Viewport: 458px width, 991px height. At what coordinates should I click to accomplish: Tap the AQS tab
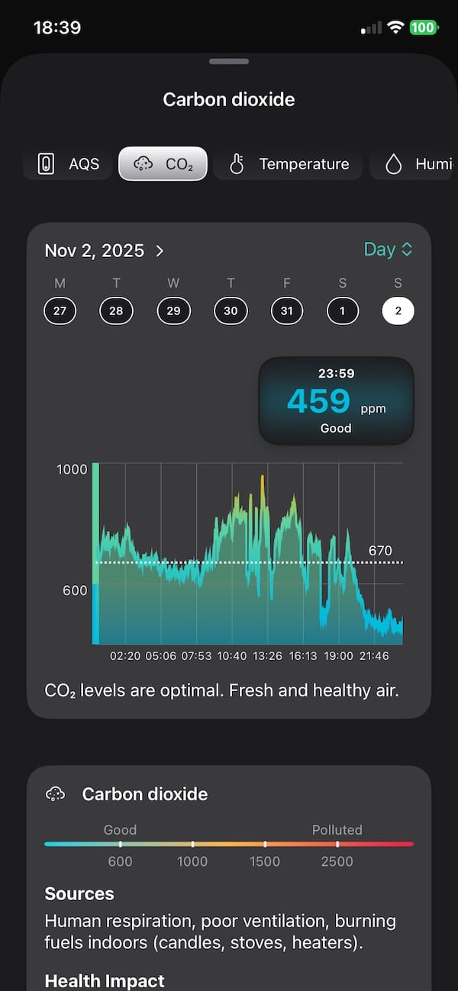[68, 164]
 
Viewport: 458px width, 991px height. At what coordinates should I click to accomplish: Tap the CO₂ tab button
[163, 164]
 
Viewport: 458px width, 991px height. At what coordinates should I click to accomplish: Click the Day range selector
[389, 249]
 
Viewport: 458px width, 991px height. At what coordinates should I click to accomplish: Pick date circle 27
[60, 311]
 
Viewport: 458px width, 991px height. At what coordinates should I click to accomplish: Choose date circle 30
[231, 311]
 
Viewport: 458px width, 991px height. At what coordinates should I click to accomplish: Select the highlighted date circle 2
[398, 311]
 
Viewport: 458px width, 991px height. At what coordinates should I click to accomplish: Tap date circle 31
[287, 311]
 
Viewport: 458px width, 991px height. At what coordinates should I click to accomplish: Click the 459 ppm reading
[319, 401]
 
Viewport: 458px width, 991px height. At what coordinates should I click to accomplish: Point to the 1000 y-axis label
[73, 469]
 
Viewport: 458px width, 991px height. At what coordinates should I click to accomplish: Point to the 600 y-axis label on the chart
[76, 590]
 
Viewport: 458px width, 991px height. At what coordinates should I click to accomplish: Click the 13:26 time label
[267, 656]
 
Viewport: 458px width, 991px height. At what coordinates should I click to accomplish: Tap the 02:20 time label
[125, 656]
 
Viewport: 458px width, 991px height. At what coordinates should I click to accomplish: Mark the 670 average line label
[380, 551]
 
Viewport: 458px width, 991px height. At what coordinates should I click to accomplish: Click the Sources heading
[79, 893]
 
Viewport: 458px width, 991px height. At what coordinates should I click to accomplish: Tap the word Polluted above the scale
[337, 830]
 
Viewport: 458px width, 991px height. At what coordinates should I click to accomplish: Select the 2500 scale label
[337, 861]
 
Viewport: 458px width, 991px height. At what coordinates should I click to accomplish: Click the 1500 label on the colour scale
[264, 861]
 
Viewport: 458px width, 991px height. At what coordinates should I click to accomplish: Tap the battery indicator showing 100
[423, 28]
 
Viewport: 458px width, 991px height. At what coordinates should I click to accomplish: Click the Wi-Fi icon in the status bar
[395, 28]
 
